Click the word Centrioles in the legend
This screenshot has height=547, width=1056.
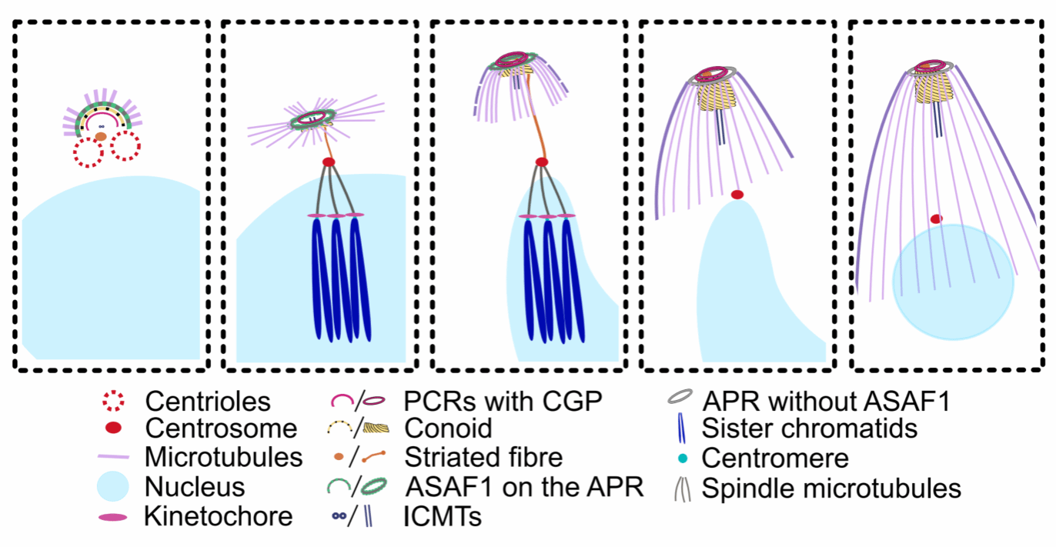point(208,402)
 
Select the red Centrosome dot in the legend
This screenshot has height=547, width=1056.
point(112,428)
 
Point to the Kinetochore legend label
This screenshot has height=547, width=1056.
point(218,516)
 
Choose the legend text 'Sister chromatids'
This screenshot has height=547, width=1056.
point(809,428)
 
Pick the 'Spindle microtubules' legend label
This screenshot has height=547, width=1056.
point(831,488)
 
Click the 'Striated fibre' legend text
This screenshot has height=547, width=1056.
point(483,458)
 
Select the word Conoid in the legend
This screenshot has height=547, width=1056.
point(448,428)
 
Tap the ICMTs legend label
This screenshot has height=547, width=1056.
point(443,516)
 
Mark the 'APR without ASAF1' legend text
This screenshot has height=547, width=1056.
point(826,400)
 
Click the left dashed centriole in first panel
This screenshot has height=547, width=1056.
point(89,152)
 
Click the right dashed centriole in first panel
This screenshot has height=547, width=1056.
point(124,145)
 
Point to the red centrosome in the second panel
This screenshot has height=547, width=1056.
point(329,162)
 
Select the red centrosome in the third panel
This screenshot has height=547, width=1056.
point(541,162)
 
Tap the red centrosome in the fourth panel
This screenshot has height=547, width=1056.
point(737,195)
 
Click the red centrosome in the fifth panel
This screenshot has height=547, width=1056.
point(936,219)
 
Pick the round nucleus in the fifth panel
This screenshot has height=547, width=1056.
point(953,292)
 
